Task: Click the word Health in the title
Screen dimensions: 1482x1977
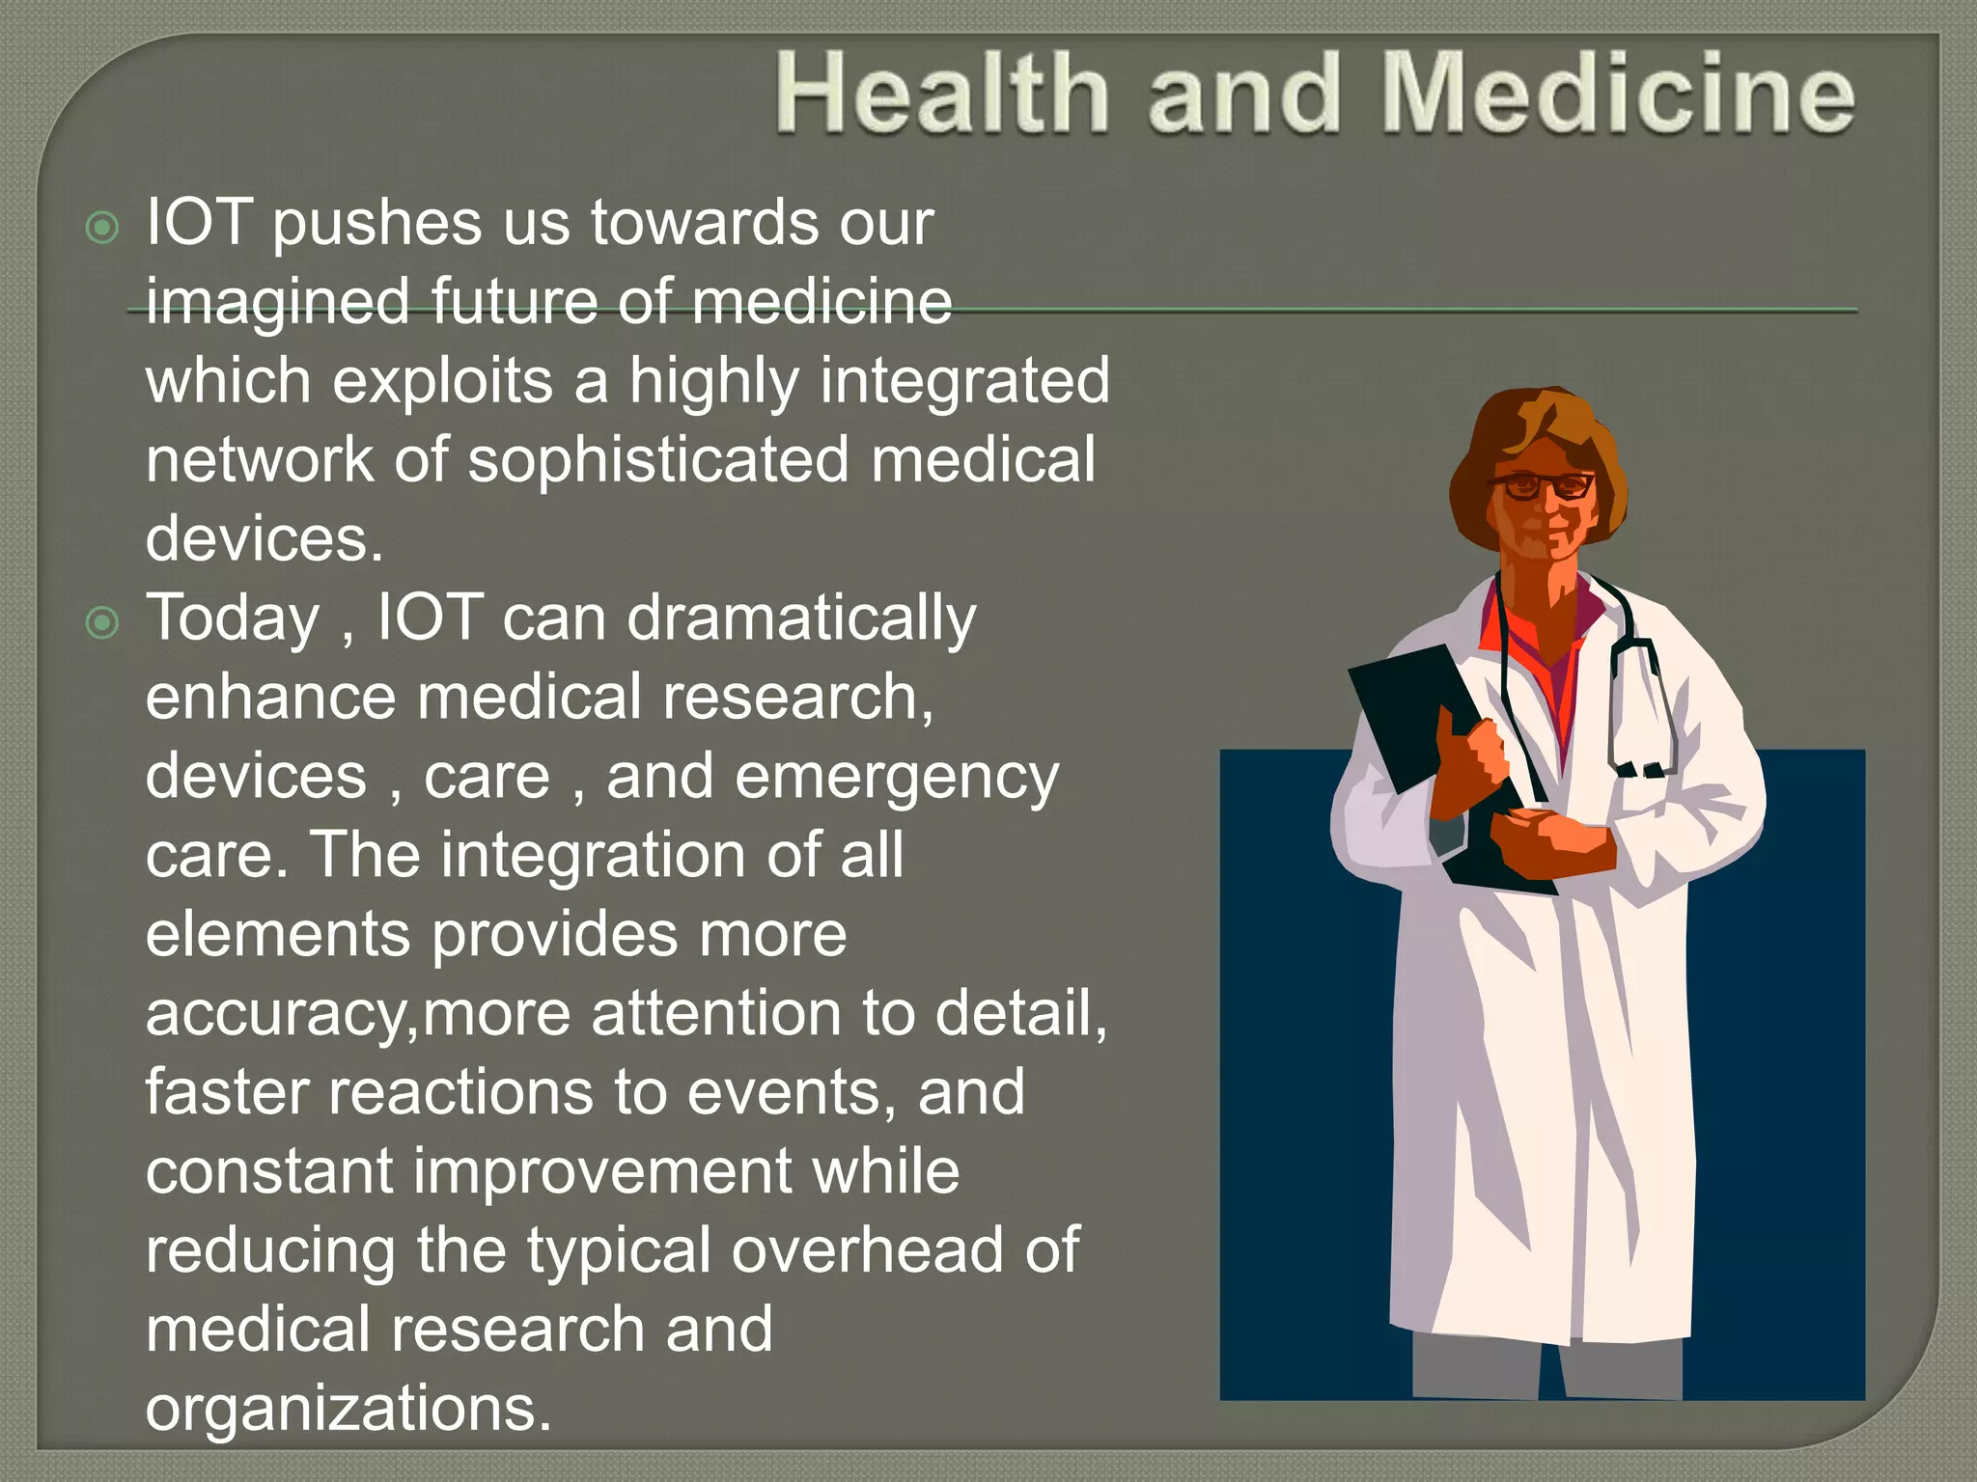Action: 942,94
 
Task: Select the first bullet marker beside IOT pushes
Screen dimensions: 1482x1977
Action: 102,228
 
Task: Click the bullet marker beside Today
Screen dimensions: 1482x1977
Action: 102,622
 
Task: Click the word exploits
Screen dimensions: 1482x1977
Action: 443,380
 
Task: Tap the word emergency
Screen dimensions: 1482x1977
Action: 897,778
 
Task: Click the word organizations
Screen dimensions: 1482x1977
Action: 348,1409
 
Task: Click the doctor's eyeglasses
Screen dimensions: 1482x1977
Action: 1543,485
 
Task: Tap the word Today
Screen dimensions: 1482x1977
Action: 233,617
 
